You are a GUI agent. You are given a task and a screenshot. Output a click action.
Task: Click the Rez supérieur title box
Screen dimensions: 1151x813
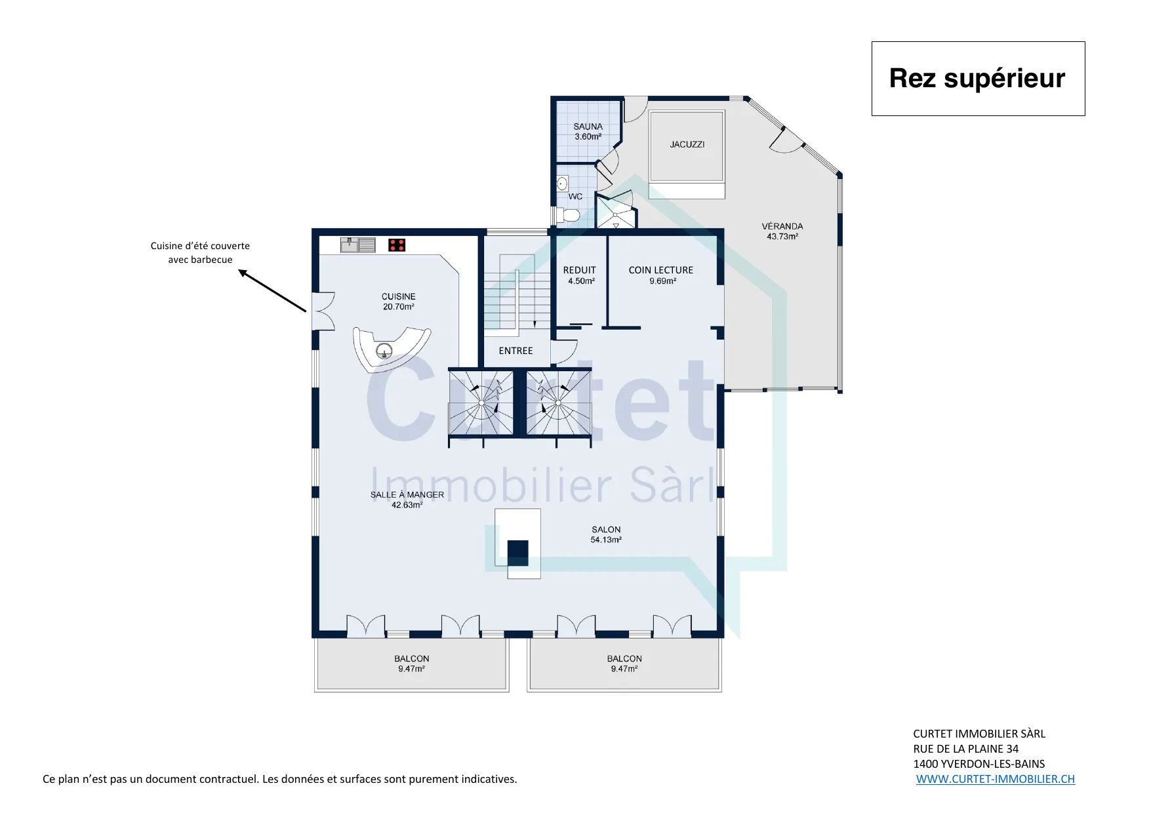click(x=978, y=79)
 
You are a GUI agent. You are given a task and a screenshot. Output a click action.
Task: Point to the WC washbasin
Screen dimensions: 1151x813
click(x=562, y=183)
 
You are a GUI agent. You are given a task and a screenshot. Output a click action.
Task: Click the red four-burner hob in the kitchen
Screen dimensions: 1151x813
click(x=397, y=245)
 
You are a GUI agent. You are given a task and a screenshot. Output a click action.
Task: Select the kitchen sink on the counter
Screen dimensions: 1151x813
click(x=357, y=245)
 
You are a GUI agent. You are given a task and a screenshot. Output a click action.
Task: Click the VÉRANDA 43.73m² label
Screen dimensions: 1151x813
click(x=782, y=231)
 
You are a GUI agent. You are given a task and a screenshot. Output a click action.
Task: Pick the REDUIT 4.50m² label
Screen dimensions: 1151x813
click(x=580, y=275)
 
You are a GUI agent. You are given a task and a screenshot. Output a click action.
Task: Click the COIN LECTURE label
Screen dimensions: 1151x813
click(x=661, y=270)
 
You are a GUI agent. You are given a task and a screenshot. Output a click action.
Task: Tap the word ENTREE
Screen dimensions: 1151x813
click(x=515, y=351)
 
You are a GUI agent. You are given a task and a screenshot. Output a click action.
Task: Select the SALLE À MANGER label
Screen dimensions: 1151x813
click(x=407, y=495)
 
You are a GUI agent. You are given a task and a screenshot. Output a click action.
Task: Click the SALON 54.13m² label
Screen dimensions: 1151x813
click(x=606, y=534)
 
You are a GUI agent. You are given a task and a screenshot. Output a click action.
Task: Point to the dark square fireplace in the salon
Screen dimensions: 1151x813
click(x=517, y=553)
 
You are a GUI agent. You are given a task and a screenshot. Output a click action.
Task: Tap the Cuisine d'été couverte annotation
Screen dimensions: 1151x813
click(x=200, y=252)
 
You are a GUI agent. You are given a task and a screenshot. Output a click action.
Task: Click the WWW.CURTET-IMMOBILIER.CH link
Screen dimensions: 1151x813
click(x=996, y=779)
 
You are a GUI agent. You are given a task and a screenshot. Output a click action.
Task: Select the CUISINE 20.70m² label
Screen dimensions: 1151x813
click(x=399, y=302)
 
